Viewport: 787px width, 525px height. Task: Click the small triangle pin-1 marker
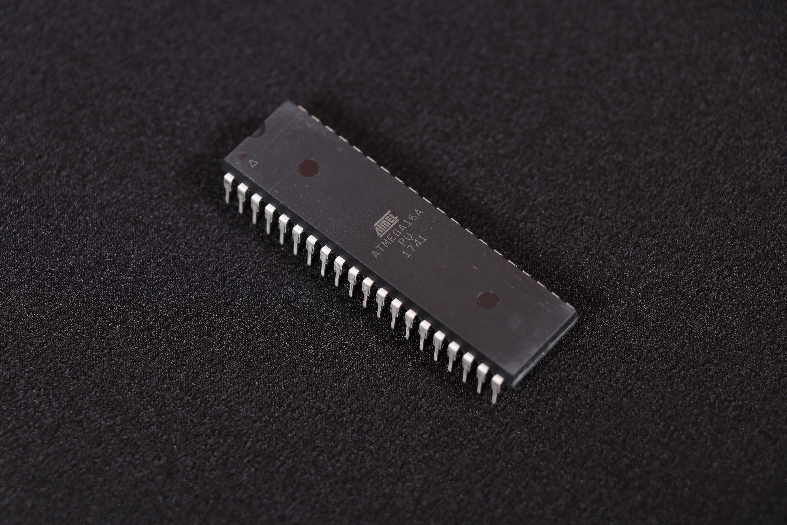click(254, 164)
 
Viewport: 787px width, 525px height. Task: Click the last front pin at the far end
click(497, 389)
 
